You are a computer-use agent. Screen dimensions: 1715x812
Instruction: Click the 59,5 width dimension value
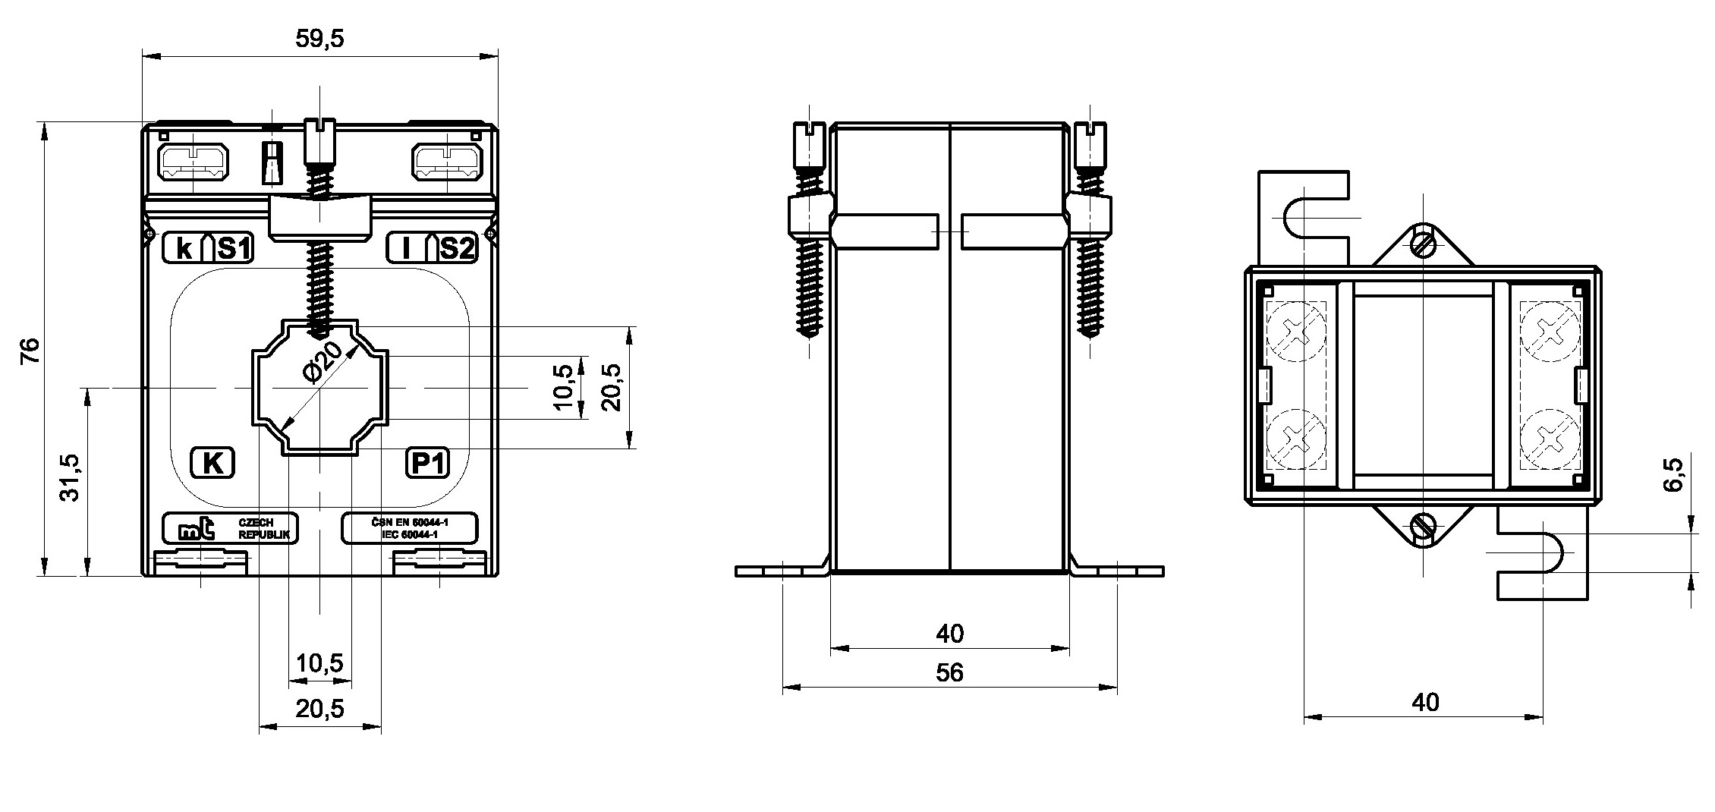click(319, 39)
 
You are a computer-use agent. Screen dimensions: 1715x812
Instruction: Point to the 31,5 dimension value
click(70, 478)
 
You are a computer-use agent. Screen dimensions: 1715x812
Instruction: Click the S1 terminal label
click(234, 249)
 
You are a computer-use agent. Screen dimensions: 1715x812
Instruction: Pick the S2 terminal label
click(458, 249)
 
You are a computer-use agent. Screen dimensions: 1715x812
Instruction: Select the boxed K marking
click(212, 463)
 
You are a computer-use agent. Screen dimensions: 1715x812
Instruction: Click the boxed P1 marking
click(428, 463)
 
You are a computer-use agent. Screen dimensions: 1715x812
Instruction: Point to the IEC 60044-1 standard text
click(410, 535)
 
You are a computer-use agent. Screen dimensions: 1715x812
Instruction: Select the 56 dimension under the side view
click(949, 672)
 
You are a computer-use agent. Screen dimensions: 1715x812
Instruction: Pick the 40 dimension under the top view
click(1424, 702)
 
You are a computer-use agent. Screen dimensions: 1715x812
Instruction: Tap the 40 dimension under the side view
click(949, 633)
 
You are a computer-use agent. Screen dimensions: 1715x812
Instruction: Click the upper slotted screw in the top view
click(1424, 244)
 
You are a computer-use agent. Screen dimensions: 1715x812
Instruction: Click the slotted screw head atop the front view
click(319, 141)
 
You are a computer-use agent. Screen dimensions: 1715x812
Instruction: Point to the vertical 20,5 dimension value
click(612, 387)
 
